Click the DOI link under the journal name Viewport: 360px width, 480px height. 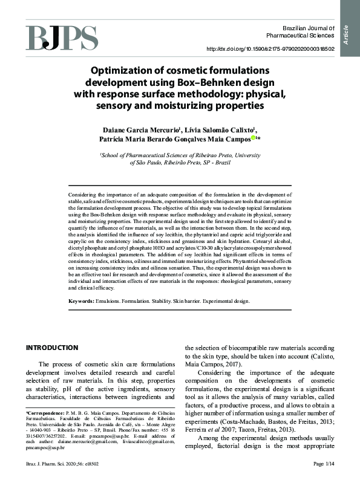pos(270,49)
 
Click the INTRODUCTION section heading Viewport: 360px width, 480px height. pos(51,348)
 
